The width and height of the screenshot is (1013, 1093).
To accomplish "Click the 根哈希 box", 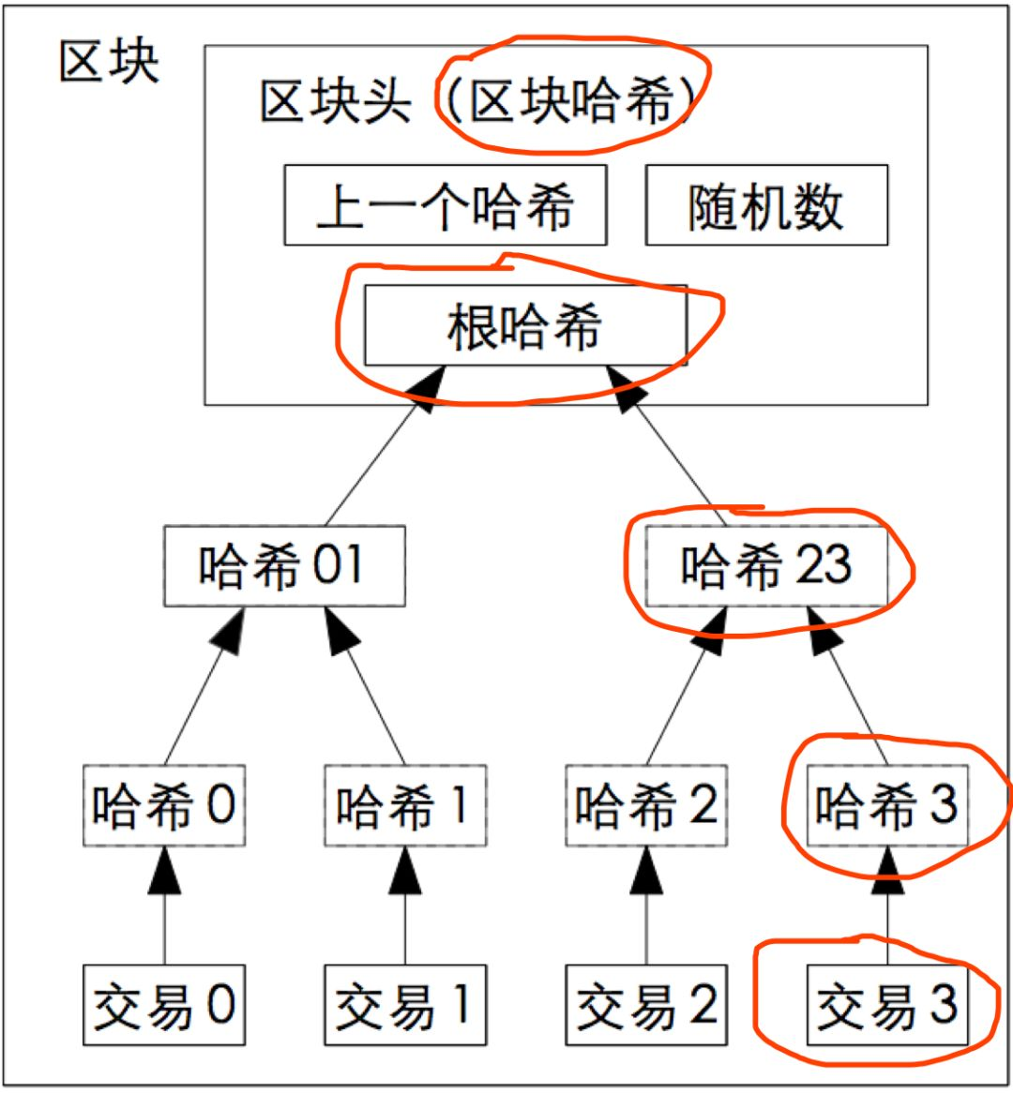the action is [526, 325].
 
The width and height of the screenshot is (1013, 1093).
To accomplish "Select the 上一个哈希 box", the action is [446, 205].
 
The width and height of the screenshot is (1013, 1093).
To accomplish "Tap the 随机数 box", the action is [766, 205].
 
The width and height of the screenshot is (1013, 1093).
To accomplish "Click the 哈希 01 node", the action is [284, 565].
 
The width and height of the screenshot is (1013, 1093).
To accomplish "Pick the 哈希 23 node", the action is [766, 565].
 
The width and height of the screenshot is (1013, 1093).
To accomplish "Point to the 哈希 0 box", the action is [164, 805].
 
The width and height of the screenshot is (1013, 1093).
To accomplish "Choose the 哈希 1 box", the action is [405, 805].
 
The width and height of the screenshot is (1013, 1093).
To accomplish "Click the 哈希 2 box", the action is [647, 805].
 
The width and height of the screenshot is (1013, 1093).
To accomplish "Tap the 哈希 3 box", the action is [887, 805].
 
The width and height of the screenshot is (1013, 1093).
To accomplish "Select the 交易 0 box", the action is [164, 1005].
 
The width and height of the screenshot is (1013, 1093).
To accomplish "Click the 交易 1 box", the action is [405, 1005].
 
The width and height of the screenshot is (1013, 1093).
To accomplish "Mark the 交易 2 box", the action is [647, 1005].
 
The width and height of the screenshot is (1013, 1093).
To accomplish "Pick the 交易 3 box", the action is [887, 1005].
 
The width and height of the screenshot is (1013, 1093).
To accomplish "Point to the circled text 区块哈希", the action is [570, 101].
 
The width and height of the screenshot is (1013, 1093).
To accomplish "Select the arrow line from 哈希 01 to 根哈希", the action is [386, 445].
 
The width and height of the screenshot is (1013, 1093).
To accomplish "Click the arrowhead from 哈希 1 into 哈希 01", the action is [341, 631].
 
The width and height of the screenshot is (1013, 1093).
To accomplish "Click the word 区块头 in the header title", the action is [336, 101].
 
